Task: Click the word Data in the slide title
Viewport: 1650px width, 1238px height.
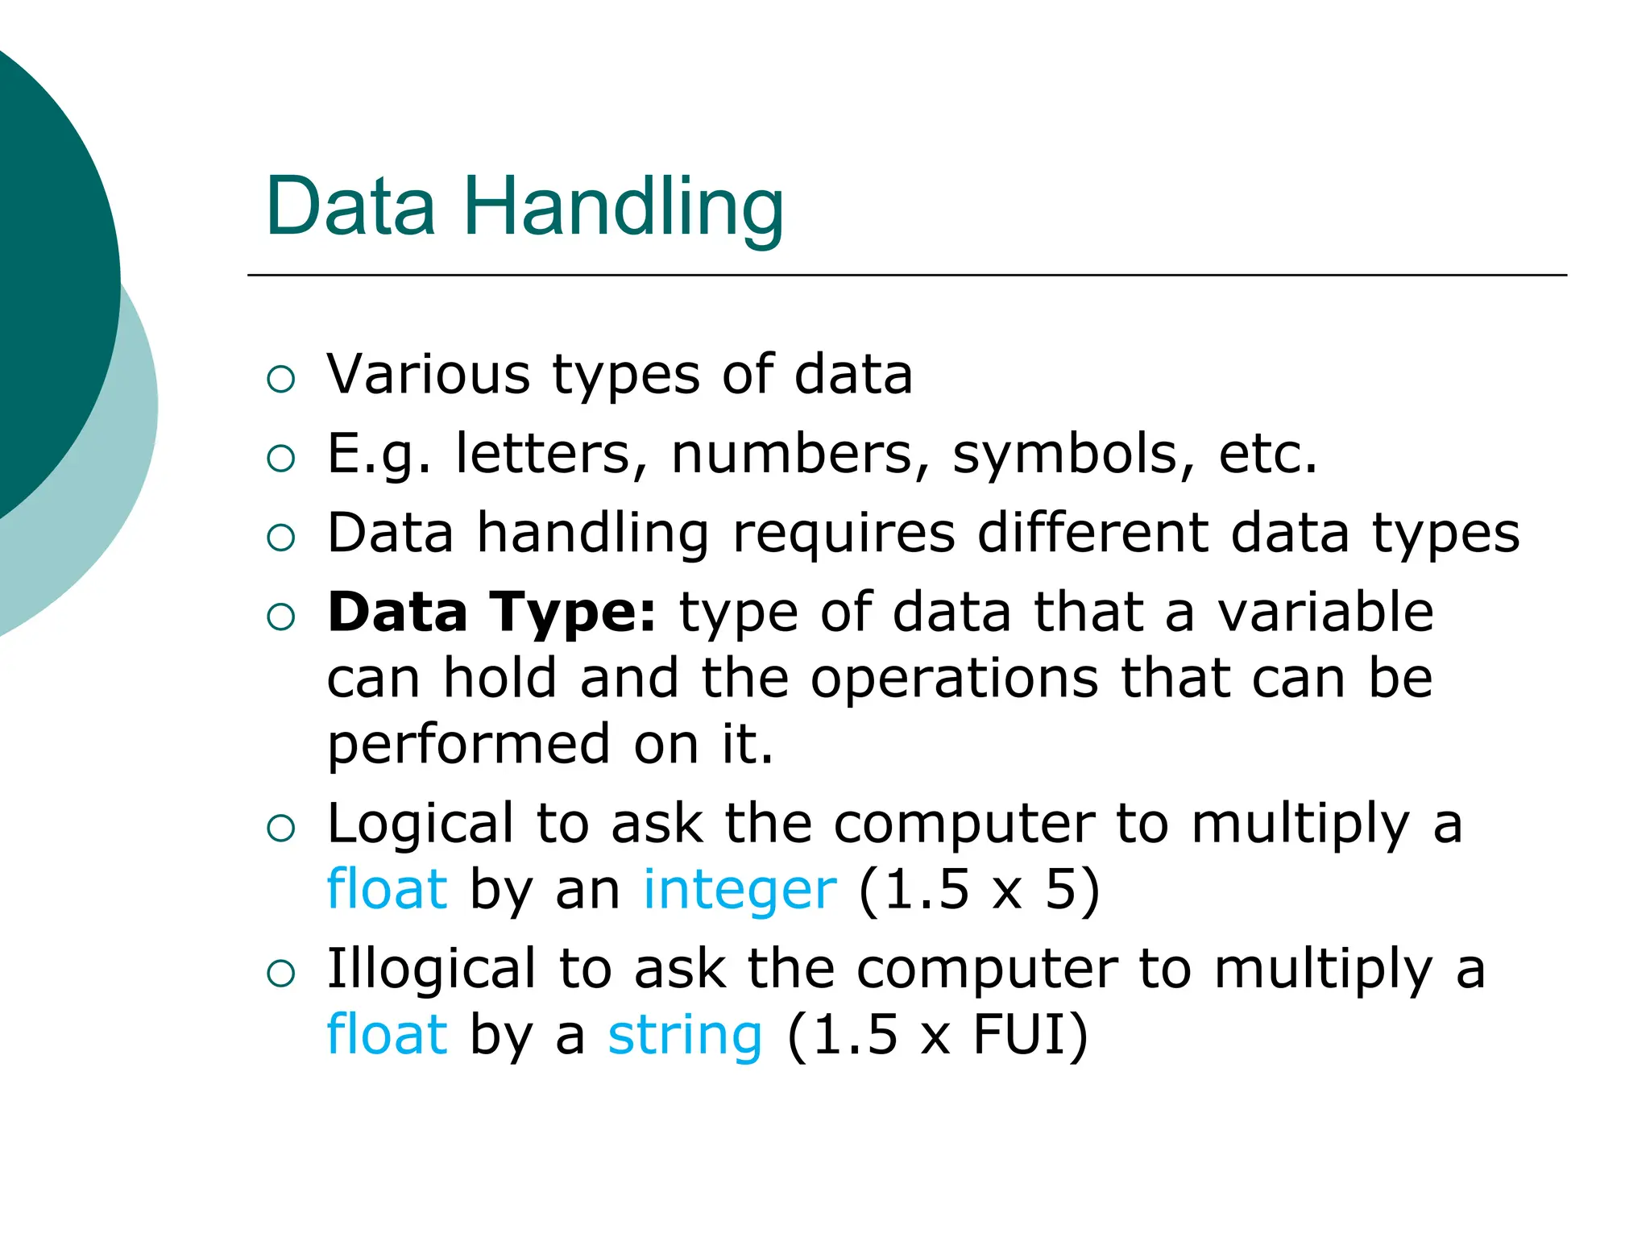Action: (350, 207)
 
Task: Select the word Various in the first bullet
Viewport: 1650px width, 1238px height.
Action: (428, 375)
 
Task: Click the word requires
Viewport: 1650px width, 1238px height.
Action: (844, 533)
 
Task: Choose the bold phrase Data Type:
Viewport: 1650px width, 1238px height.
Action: (492, 612)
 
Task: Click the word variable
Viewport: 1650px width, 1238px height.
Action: (1325, 612)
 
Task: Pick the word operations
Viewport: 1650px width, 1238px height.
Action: (954, 678)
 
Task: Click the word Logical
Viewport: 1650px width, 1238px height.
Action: (420, 824)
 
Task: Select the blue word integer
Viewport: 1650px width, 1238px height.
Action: (740, 890)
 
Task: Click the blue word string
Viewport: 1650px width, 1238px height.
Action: (685, 1036)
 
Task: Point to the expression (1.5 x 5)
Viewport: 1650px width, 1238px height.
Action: (979, 890)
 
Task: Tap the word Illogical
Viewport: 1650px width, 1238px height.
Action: (431, 969)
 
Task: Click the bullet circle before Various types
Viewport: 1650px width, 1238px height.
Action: (280, 379)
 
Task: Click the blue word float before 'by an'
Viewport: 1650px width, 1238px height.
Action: (387, 890)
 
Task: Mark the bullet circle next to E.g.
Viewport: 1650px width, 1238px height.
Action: (280, 458)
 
